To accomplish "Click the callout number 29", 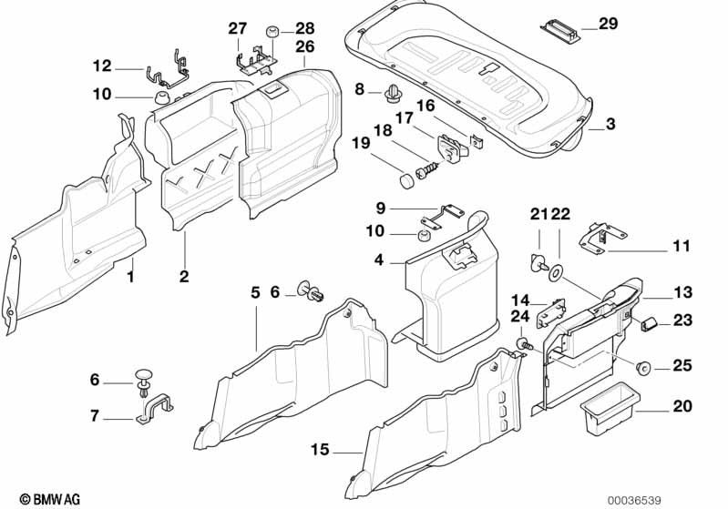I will (x=608, y=23).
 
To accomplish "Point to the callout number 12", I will (x=101, y=65).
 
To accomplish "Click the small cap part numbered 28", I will (x=272, y=34).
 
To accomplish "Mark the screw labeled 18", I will (x=428, y=169).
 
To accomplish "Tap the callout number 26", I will (x=304, y=46).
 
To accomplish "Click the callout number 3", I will (x=610, y=124).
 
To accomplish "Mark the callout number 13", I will (x=682, y=292).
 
